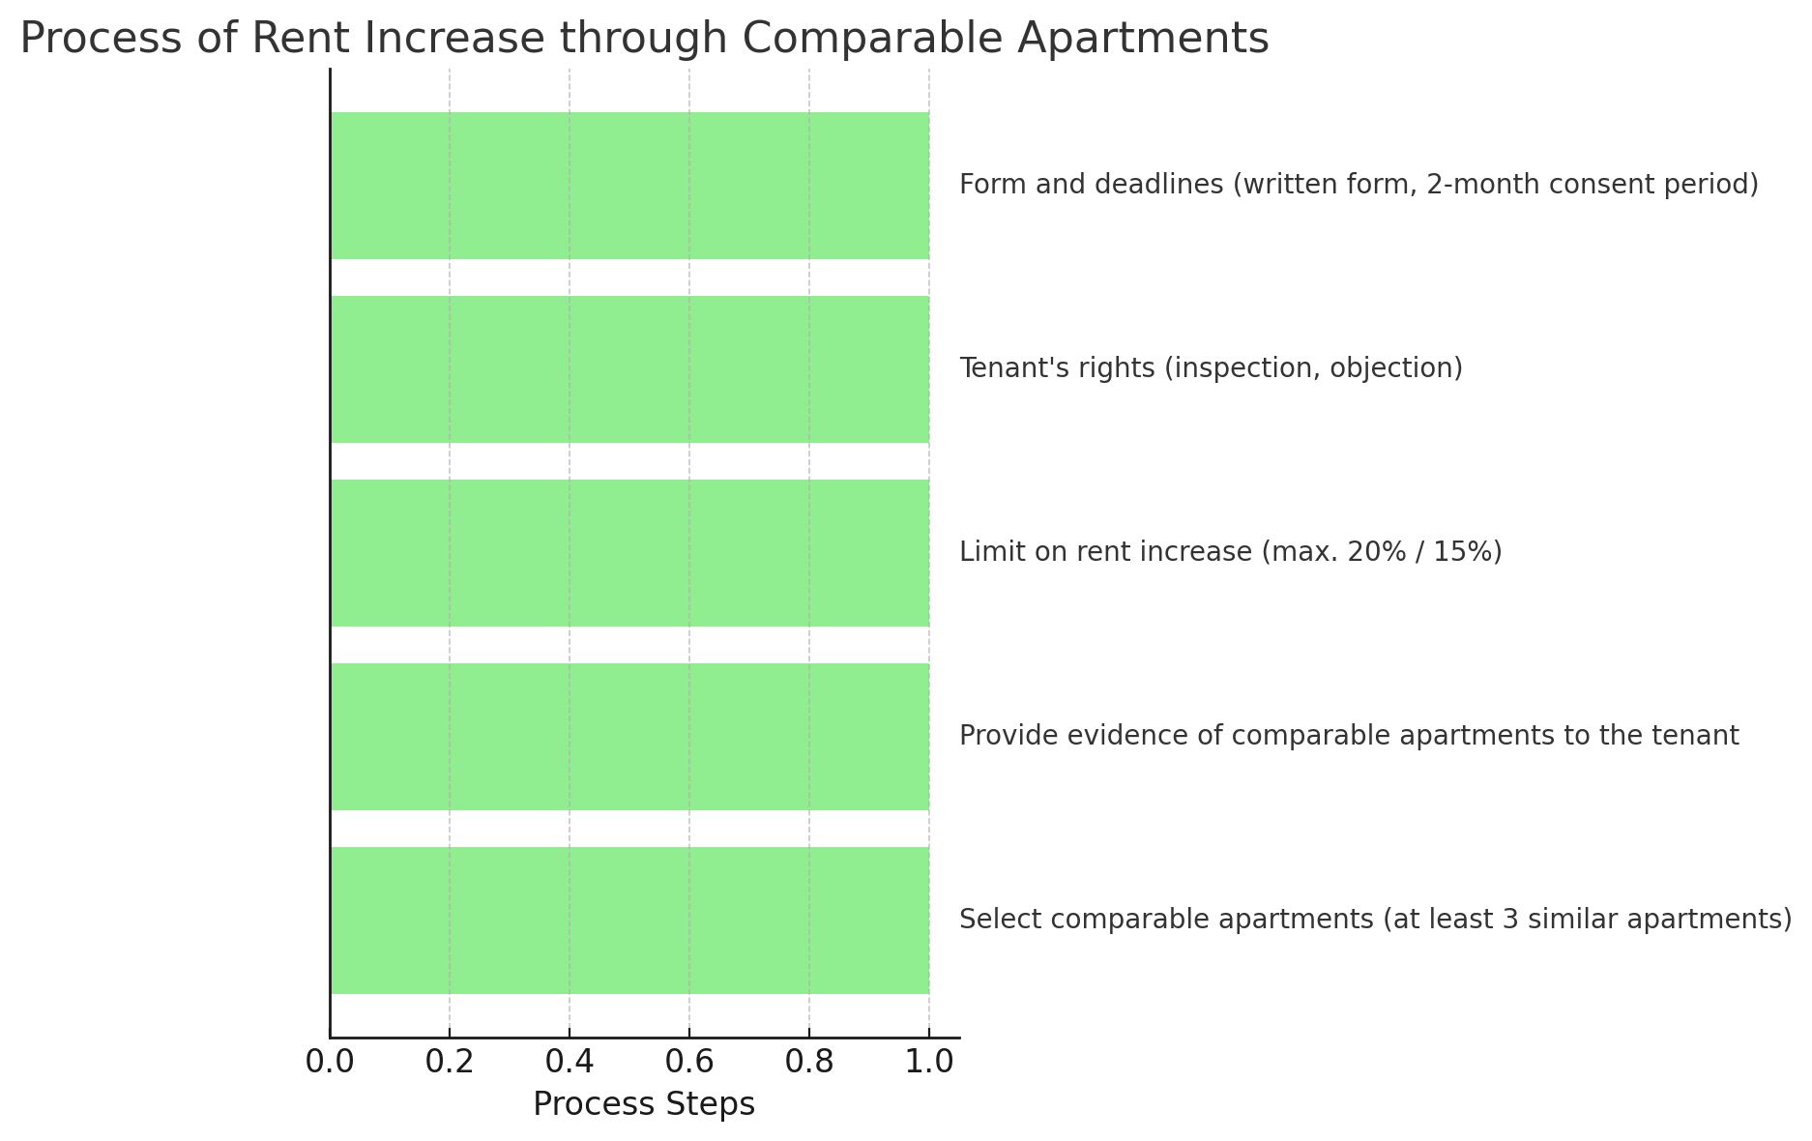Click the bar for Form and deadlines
coord(628,185)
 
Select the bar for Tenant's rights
coord(628,368)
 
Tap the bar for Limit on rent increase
coord(628,552)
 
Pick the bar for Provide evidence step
coord(628,736)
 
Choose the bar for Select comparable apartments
coord(628,920)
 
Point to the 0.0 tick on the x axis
coord(330,1062)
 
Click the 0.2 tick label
coord(450,1062)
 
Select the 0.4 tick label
coord(570,1062)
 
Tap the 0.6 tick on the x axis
coord(689,1062)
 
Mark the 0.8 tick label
coord(809,1062)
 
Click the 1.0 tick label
coord(929,1062)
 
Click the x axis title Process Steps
coord(644,1104)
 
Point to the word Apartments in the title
coord(1143,39)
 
